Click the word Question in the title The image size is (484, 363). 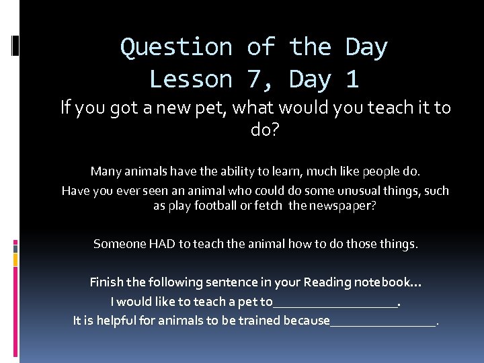point(175,48)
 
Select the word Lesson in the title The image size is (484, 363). point(190,80)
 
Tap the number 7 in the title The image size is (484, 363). point(253,80)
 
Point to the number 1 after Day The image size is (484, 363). point(352,80)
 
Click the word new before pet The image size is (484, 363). point(170,108)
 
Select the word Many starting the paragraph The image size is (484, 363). point(106,171)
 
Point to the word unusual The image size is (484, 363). point(362,191)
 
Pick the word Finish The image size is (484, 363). point(107,282)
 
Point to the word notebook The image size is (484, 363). point(386,282)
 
